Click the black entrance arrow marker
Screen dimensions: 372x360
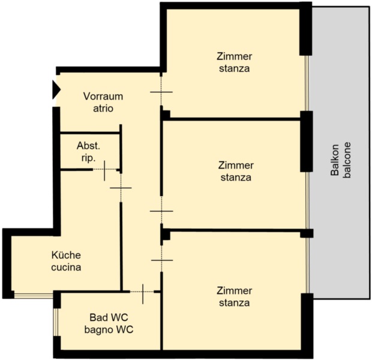pyautogui.click(x=56, y=90)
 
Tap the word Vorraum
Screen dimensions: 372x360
pyautogui.click(x=103, y=97)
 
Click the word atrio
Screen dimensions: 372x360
pyautogui.click(x=103, y=109)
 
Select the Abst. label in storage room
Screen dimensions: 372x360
pyautogui.click(x=88, y=146)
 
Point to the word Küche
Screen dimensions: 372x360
pyautogui.click(x=66, y=255)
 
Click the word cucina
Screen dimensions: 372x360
pyautogui.click(x=66, y=267)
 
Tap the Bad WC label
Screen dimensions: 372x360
pyautogui.click(x=109, y=317)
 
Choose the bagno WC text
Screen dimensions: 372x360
pyautogui.click(x=109, y=329)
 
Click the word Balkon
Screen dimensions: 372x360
pyautogui.click(x=335, y=160)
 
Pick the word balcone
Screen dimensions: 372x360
pyautogui.click(x=347, y=160)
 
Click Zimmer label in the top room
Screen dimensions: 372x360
pyautogui.click(x=235, y=56)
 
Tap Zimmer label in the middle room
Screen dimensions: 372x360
pyautogui.click(x=236, y=166)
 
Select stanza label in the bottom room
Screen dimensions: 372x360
pyautogui.click(x=234, y=303)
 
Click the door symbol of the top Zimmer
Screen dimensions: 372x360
pyautogui.click(x=161, y=92)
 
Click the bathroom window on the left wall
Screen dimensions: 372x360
pyautogui.click(x=56, y=322)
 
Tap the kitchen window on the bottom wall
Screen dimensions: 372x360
pyautogui.click(x=34, y=295)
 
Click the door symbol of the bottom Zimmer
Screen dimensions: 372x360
pyautogui.click(x=162, y=260)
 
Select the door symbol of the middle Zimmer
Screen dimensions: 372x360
pyautogui.click(x=161, y=211)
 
